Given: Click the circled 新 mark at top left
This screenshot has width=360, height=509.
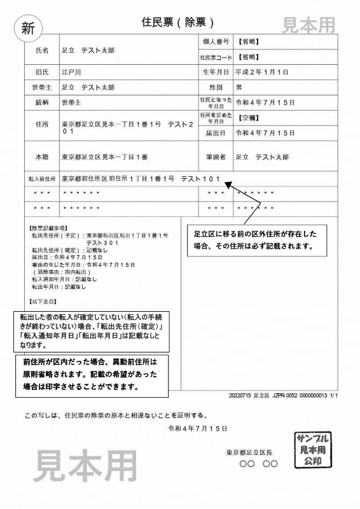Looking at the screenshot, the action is [x=27, y=28].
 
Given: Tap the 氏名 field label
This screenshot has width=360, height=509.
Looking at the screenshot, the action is [x=42, y=50].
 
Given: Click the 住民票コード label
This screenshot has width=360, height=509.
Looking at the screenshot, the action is [x=215, y=57].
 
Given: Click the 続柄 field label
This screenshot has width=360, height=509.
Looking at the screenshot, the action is [x=42, y=102].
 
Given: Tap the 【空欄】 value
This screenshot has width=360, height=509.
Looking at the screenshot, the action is [x=247, y=118].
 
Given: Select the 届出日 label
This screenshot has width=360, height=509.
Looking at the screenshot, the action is [x=215, y=134].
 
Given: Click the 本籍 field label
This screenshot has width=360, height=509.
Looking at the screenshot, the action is [x=42, y=156].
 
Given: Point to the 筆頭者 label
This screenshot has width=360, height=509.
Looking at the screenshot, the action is [x=215, y=156].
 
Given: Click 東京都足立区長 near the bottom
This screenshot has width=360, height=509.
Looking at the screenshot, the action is [x=249, y=452].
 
